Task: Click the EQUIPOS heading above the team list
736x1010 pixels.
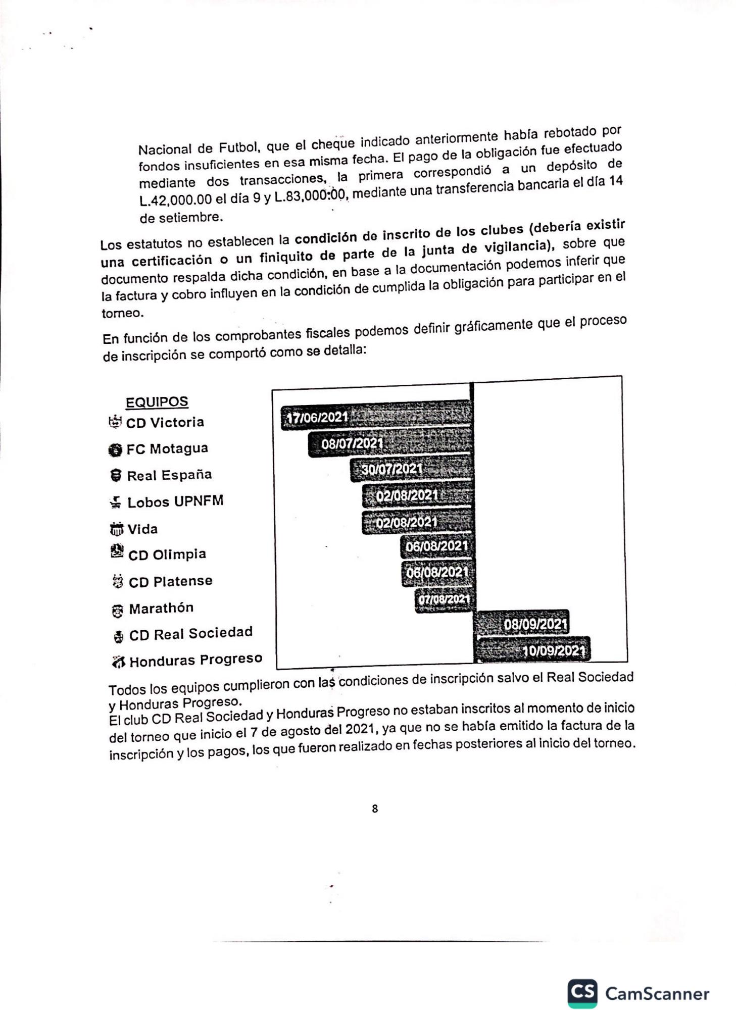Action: [x=157, y=402]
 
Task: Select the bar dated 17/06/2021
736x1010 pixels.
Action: [x=376, y=416]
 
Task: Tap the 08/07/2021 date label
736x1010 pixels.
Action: [x=352, y=443]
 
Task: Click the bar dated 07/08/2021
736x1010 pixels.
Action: [x=445, y=599]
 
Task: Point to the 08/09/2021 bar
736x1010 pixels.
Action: [x=522, y=623]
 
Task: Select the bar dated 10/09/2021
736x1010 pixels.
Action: [x=533, y=649]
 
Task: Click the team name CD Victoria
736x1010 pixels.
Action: [x=165, y=423]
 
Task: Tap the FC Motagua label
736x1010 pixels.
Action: [x=167, y=448]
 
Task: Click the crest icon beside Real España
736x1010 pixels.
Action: [x=116, y=475]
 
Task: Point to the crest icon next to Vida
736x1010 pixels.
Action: [x=116, y=529]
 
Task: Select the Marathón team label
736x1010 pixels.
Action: [x=161, y=608]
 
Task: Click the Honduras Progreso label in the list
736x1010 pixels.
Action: [x=195, y=660]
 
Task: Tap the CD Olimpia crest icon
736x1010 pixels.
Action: [x=117, y=551]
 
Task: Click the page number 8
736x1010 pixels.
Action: [x=375, y=809]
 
